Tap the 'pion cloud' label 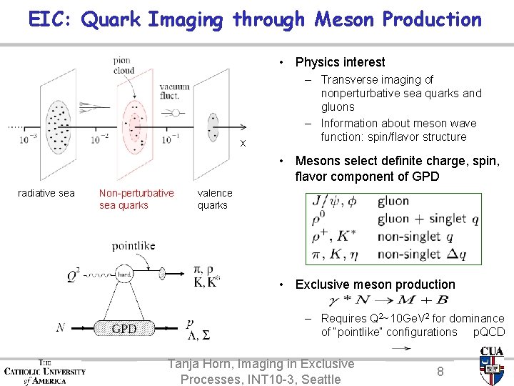point(124,66)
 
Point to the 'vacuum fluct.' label point(175,91)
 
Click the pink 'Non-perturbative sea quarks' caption point(136,199)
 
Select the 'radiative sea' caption point(46,193)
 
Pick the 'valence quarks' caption point(215,199)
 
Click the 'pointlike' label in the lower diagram point(133,246)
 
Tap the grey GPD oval point(124,329)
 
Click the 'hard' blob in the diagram point(124,274)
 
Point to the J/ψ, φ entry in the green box point(336,202)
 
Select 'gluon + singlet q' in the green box point(428,219)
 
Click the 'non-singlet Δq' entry point(429,254)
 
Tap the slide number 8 point(440,371)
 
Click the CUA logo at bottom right point(491,365)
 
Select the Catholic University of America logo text point(44,371)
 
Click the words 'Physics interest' point(340,62)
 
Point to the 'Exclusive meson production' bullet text point(375,284)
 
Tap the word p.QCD point(489,332)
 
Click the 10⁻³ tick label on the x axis point(29,140)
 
